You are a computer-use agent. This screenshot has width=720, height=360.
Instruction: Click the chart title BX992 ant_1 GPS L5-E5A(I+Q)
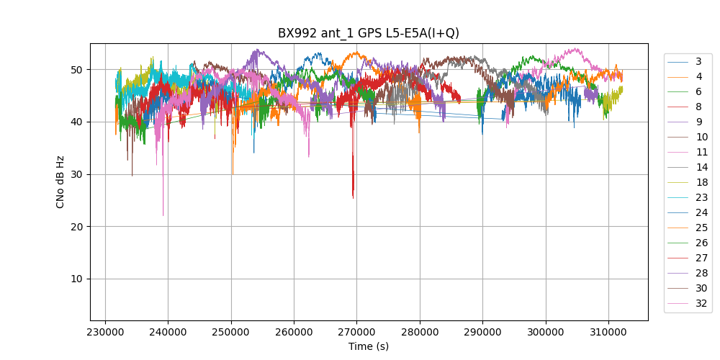[x=369, y=33]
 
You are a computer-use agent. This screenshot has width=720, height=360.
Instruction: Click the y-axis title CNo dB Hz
[x=60, y=181]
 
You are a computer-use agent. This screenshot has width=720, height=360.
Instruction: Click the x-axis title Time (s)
[x=369, y=346]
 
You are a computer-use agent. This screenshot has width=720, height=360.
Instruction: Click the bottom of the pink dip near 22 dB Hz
[x=163, y=215]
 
